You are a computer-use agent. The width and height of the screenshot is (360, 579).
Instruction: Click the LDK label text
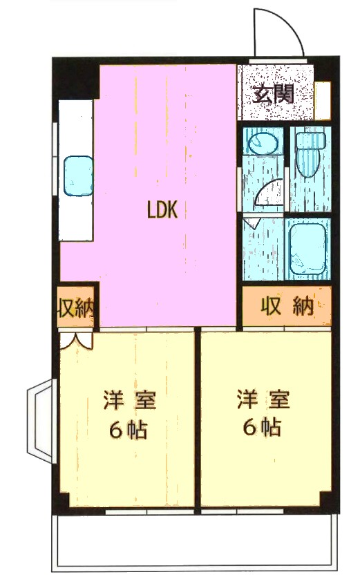[162, 210]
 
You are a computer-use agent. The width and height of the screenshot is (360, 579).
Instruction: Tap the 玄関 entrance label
[273, 94]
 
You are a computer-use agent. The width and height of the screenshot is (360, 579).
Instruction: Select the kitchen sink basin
[78, 175]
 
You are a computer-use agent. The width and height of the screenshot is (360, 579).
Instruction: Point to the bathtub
[308, 249]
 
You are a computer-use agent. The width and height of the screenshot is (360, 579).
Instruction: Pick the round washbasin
[263, 143]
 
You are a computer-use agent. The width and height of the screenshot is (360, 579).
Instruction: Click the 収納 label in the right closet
[287, 306]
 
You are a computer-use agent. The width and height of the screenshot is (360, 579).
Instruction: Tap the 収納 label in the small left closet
[76, 307]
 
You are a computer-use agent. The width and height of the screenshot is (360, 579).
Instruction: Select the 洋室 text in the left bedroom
[130, 399]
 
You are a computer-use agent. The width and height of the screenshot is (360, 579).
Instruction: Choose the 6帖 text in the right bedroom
[262, 428]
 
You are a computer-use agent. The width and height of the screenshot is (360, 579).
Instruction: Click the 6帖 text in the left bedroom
[128, 429]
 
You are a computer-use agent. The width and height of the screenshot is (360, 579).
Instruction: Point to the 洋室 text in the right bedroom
[263, 399]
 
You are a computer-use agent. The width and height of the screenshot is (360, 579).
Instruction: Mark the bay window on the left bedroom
[41, 421]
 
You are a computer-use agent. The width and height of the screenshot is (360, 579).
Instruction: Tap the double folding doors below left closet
[77, 341]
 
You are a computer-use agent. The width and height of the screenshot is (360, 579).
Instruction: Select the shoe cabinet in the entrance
[322, 100]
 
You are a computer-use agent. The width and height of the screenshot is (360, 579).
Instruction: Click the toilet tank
[311, 141]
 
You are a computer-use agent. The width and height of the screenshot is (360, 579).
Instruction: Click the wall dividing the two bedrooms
[198, 419]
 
